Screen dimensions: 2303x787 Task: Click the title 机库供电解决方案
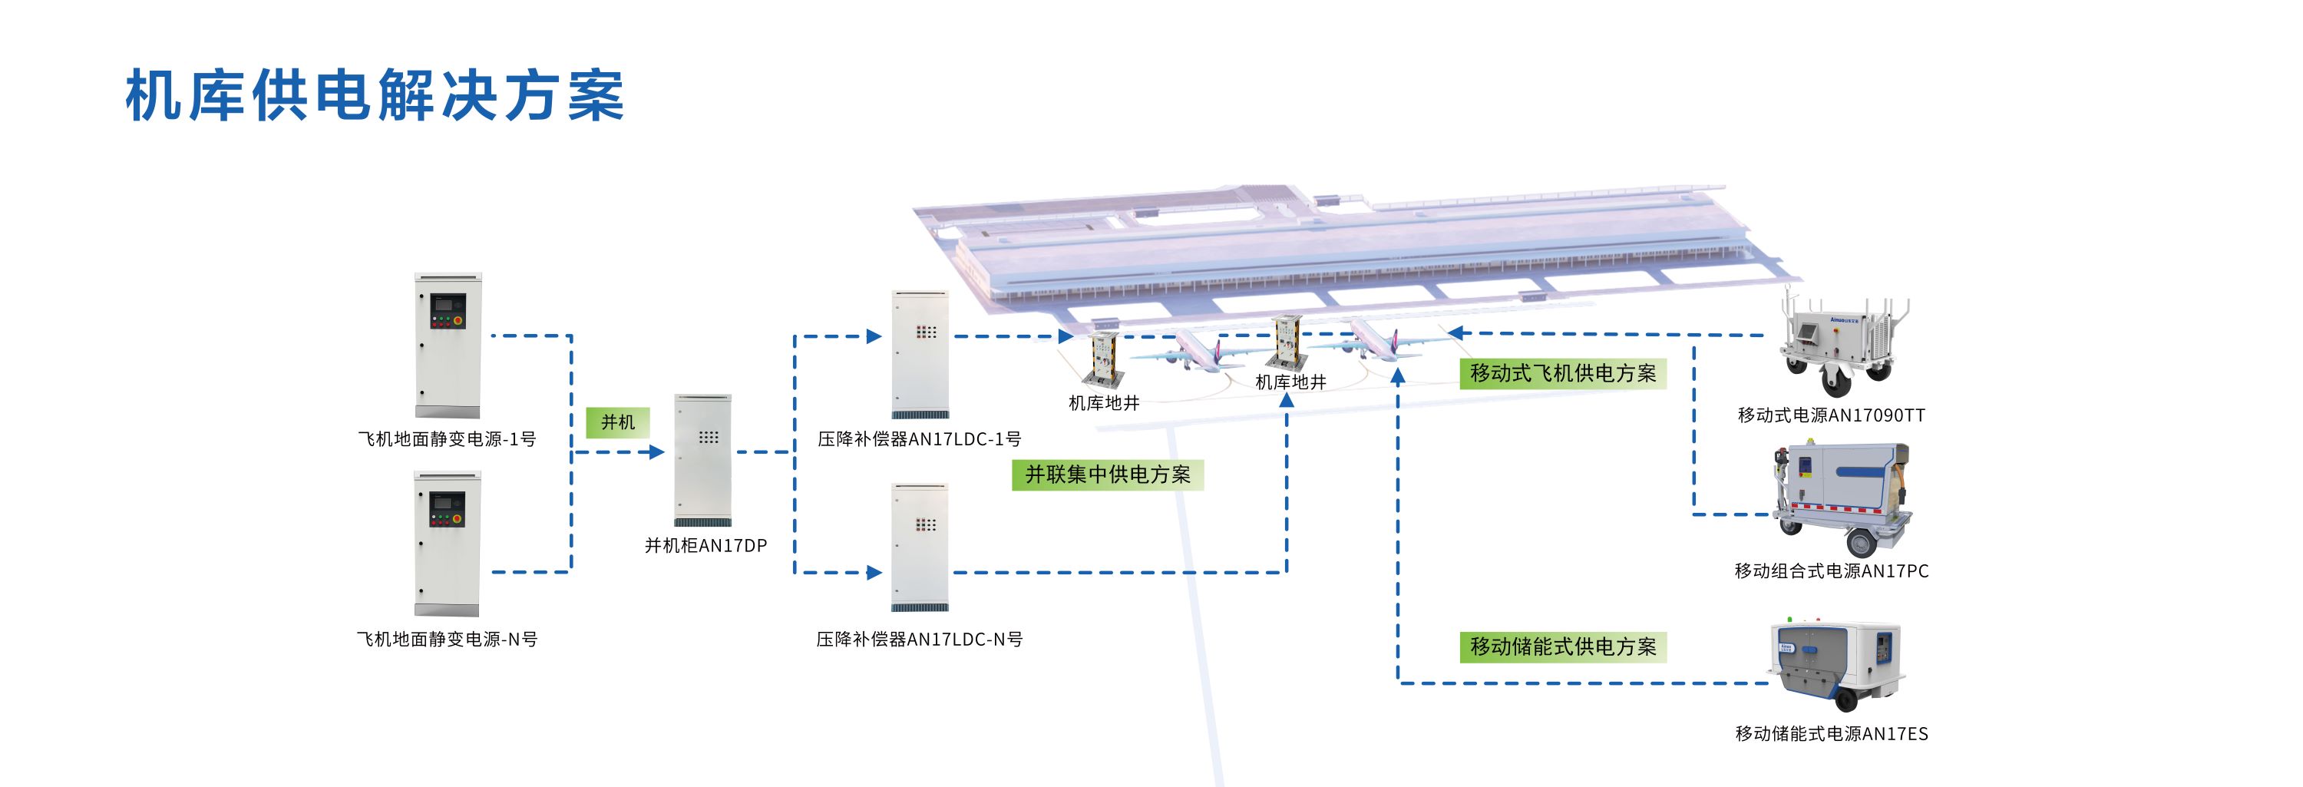coord(375,94)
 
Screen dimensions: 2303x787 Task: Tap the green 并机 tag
coord(618,422)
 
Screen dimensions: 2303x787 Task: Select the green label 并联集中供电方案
coord(1108,474)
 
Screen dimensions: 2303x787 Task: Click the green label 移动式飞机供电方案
coord(1563,373)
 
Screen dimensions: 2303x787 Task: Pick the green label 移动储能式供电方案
coord(1563,646)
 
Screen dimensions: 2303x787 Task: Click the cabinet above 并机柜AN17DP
coord(702,460)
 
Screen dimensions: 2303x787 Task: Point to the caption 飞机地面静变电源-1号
coord(447,439)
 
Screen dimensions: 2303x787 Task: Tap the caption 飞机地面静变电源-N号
coord(447,640)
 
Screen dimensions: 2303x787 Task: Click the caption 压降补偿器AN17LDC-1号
coord(919,439)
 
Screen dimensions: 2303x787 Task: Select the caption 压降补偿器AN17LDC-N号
coord(919,640)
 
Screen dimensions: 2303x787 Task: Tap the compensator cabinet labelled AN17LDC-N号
coord(920,547)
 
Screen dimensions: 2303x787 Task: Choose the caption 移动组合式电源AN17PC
coord(1832,570)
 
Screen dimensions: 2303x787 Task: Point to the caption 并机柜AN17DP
coord(706,546)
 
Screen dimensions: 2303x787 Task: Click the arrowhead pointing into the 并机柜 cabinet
coord(657,452)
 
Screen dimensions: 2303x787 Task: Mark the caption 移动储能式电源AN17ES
coord(1832,734)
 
